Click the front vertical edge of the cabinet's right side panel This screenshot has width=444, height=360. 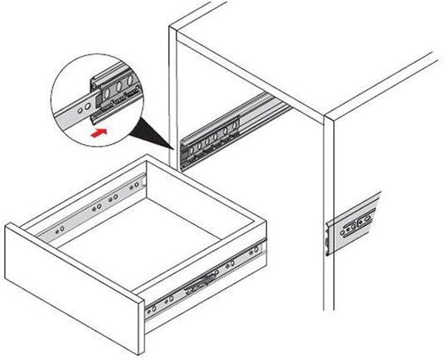click(x=323, y=225)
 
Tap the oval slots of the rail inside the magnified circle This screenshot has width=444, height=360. click(x=121, y=87)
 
